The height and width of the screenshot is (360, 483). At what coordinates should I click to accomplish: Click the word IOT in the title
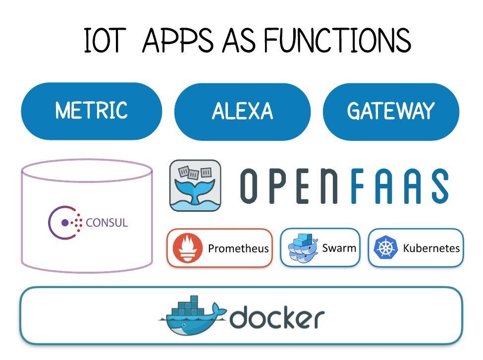tap(103, 41)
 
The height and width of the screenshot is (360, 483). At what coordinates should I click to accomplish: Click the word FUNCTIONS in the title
tap(337, 41)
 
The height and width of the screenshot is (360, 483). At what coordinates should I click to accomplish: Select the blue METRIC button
tap(91, 111)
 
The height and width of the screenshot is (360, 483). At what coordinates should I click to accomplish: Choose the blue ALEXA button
tap(242, 112)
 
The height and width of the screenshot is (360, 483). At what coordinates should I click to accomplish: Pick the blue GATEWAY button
tap(391, 112)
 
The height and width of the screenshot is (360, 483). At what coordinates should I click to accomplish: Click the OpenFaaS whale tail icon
tap(195, 185)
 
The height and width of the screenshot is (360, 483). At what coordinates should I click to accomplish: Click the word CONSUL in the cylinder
tap(107, 222)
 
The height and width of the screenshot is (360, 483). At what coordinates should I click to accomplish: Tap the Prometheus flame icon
tap(186, 247)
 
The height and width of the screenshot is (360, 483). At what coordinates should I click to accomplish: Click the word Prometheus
tap(238, 248)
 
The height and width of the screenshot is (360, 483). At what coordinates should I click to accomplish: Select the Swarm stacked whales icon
tap(302, 247)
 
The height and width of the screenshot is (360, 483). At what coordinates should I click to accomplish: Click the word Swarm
tap(339, 247)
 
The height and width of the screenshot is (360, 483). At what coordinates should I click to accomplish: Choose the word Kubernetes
tap(431, 248)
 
